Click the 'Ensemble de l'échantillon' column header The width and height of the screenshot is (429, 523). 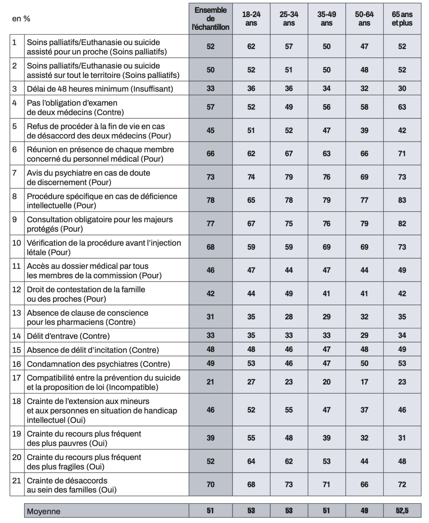[x=210, y=19]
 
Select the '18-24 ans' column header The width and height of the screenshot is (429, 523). [x=251, y=19]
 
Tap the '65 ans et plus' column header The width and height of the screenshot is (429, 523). [x=402, y=19]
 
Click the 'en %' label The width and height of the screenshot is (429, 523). [x=21, y=19]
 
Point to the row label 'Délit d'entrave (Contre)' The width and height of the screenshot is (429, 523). [x=68, y=336]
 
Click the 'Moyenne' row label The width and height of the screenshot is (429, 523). [x=44, y=511]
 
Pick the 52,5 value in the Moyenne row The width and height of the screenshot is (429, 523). [x=402, y=511]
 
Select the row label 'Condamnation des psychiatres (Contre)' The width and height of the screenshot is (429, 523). [x=98, y=364]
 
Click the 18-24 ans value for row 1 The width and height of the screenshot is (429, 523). [x=251, y=46]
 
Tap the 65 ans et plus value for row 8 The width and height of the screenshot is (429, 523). [x=402, y=200]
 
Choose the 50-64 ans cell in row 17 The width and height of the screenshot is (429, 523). [x=364, y=382]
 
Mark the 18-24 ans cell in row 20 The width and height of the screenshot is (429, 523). [x=251, y=461]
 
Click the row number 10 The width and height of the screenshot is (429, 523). [x=17, y=243]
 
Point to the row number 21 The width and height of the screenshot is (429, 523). [x=17, y=481]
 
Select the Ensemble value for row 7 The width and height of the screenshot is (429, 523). [x=210, y=177]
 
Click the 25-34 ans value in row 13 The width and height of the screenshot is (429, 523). [x=289, y=317]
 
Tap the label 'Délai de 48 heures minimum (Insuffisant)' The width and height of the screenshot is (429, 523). [x=100, y=89]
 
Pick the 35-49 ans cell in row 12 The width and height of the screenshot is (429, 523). [x=327, y=293]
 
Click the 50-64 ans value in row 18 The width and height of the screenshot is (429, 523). [x=364, y=410]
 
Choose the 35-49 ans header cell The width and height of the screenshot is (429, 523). [x=327, y=19]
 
